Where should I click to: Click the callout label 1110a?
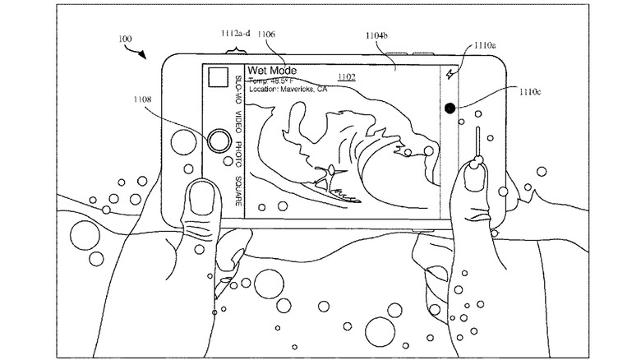click(x=485, y=47)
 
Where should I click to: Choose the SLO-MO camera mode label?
click(x=237, y=88)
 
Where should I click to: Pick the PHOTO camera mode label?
click(x=237, y=155)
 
